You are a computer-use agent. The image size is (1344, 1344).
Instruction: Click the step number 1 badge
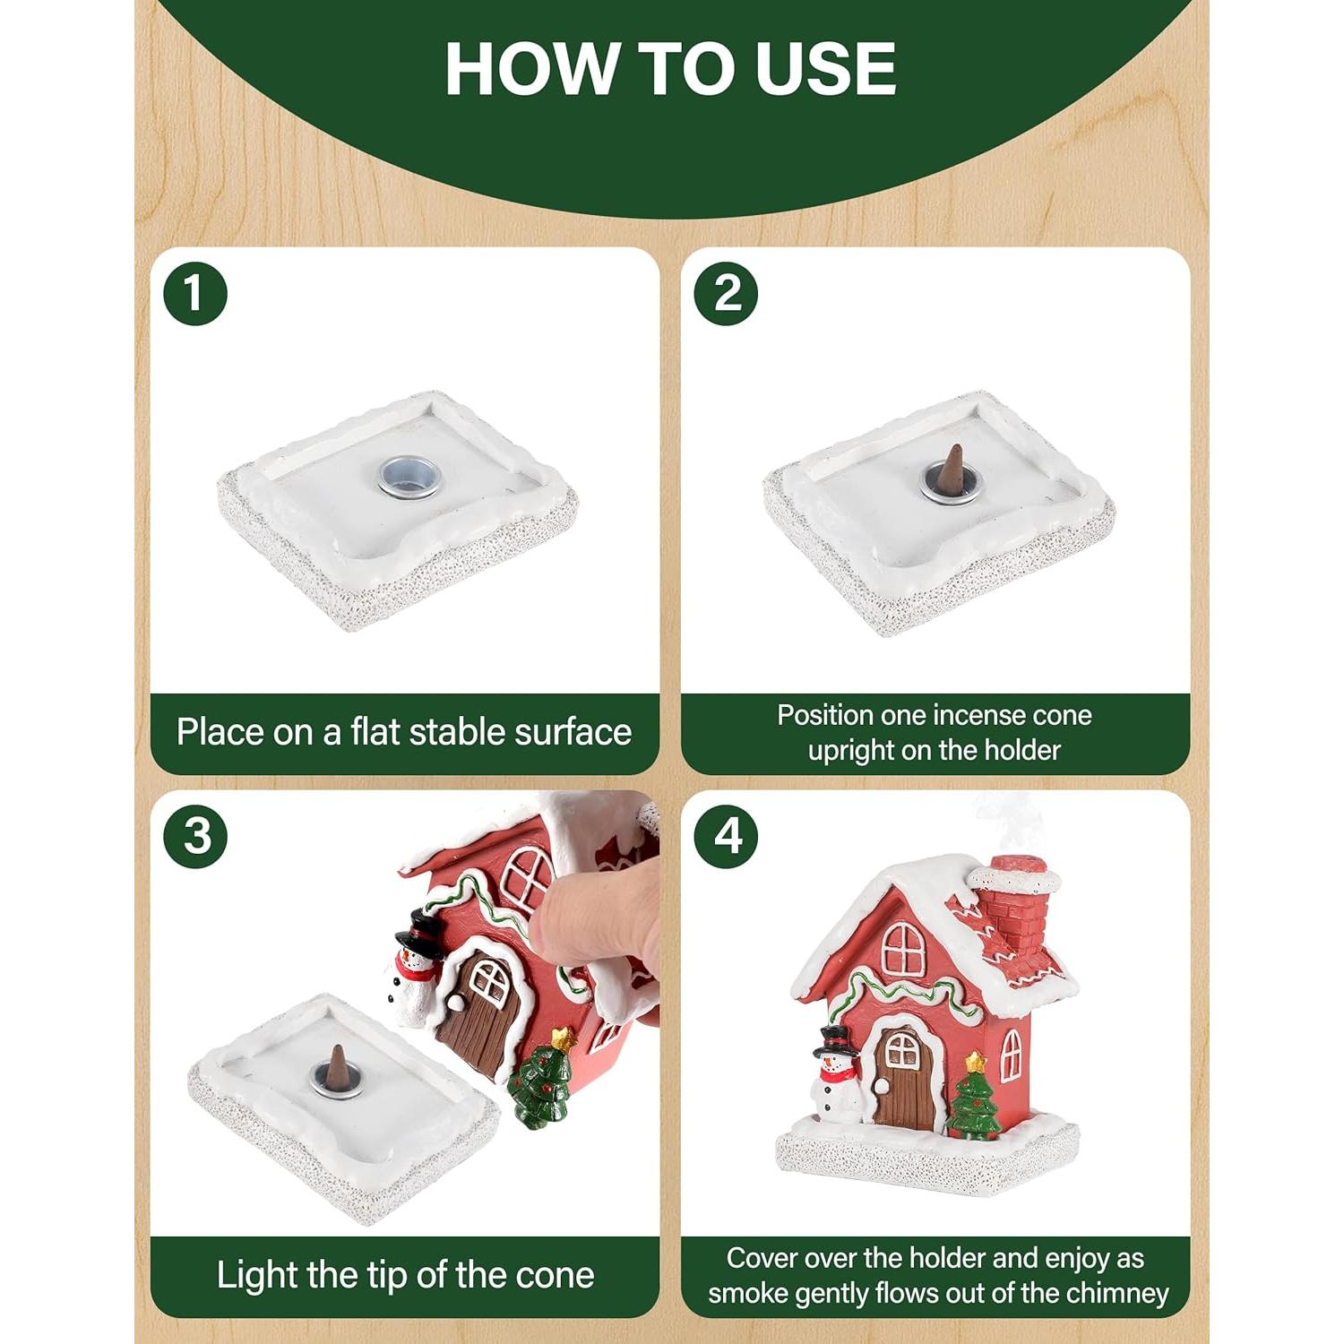pyautogui.click(x=195, y=293)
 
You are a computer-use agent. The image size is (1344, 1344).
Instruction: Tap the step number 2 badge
pyautogui.click(x=727, y=293)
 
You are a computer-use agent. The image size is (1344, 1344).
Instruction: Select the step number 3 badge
pyautogui.click(x=195, y=836)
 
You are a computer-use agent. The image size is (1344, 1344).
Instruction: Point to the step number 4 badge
pyautogui.click(x=727, y=836)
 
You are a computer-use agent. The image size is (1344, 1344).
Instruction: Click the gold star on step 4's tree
pyautogui.click(x=975, y=1064)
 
